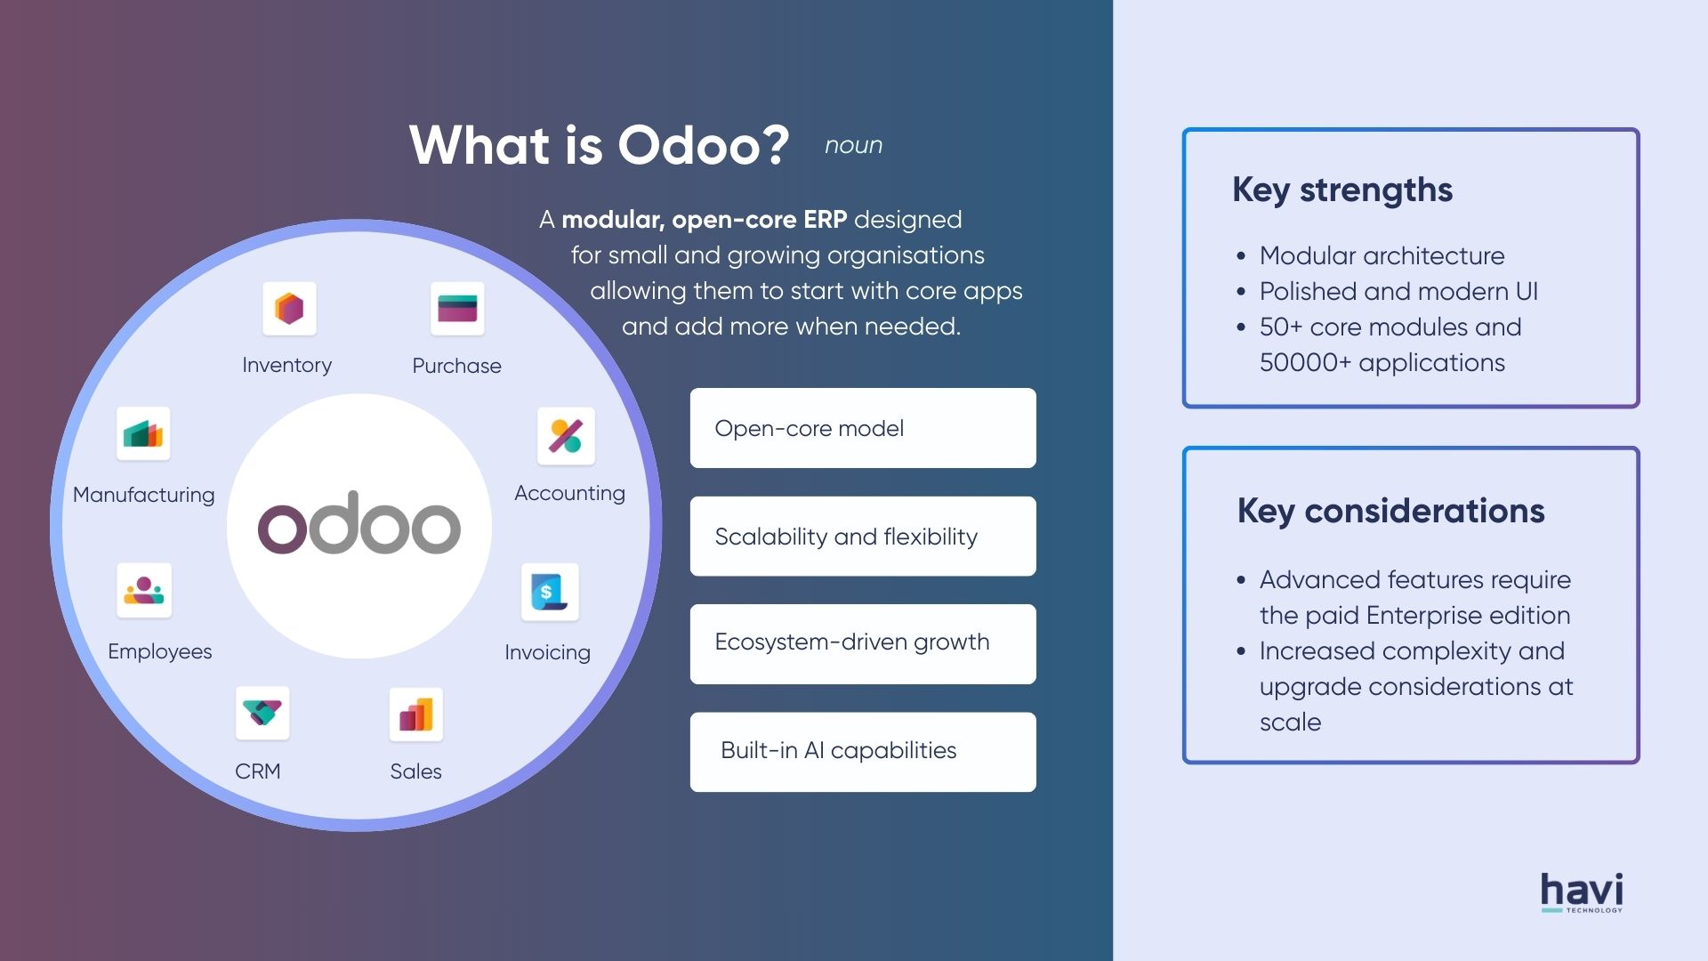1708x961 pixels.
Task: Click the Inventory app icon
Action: point(289,309)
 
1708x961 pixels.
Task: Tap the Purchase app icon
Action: point(457,309)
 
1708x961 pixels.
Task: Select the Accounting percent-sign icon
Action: point(566,436)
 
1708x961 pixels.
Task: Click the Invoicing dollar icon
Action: point(550,592)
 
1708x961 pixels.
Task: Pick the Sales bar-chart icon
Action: point(415,715)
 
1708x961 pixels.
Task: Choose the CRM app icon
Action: point(262,713)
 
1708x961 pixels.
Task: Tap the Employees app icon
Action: point(144,590)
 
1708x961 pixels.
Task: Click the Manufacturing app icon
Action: point(143,434)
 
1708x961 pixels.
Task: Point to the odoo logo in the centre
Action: point(359,524)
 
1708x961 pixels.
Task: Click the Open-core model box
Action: point(862,428)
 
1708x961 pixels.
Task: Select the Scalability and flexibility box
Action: point(862,537)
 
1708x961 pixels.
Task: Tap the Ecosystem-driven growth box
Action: point(862,643)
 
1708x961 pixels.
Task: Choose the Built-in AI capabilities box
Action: point(862,752)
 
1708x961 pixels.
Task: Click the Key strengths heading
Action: point(1341,190)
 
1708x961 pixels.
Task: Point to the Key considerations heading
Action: point(1390,512)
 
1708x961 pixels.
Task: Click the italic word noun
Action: point(853,146)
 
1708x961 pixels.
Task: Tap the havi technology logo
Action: point(1582,892)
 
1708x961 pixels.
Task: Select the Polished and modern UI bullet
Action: point(1398,292)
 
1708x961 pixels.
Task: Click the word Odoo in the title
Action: point(703,145)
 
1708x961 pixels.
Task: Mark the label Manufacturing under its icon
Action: point(143,495)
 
